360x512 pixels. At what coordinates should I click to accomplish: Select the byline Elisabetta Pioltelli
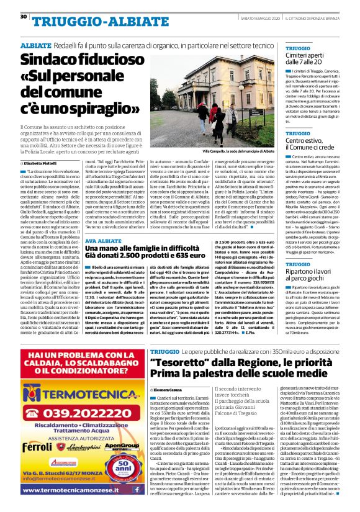(42, 163)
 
